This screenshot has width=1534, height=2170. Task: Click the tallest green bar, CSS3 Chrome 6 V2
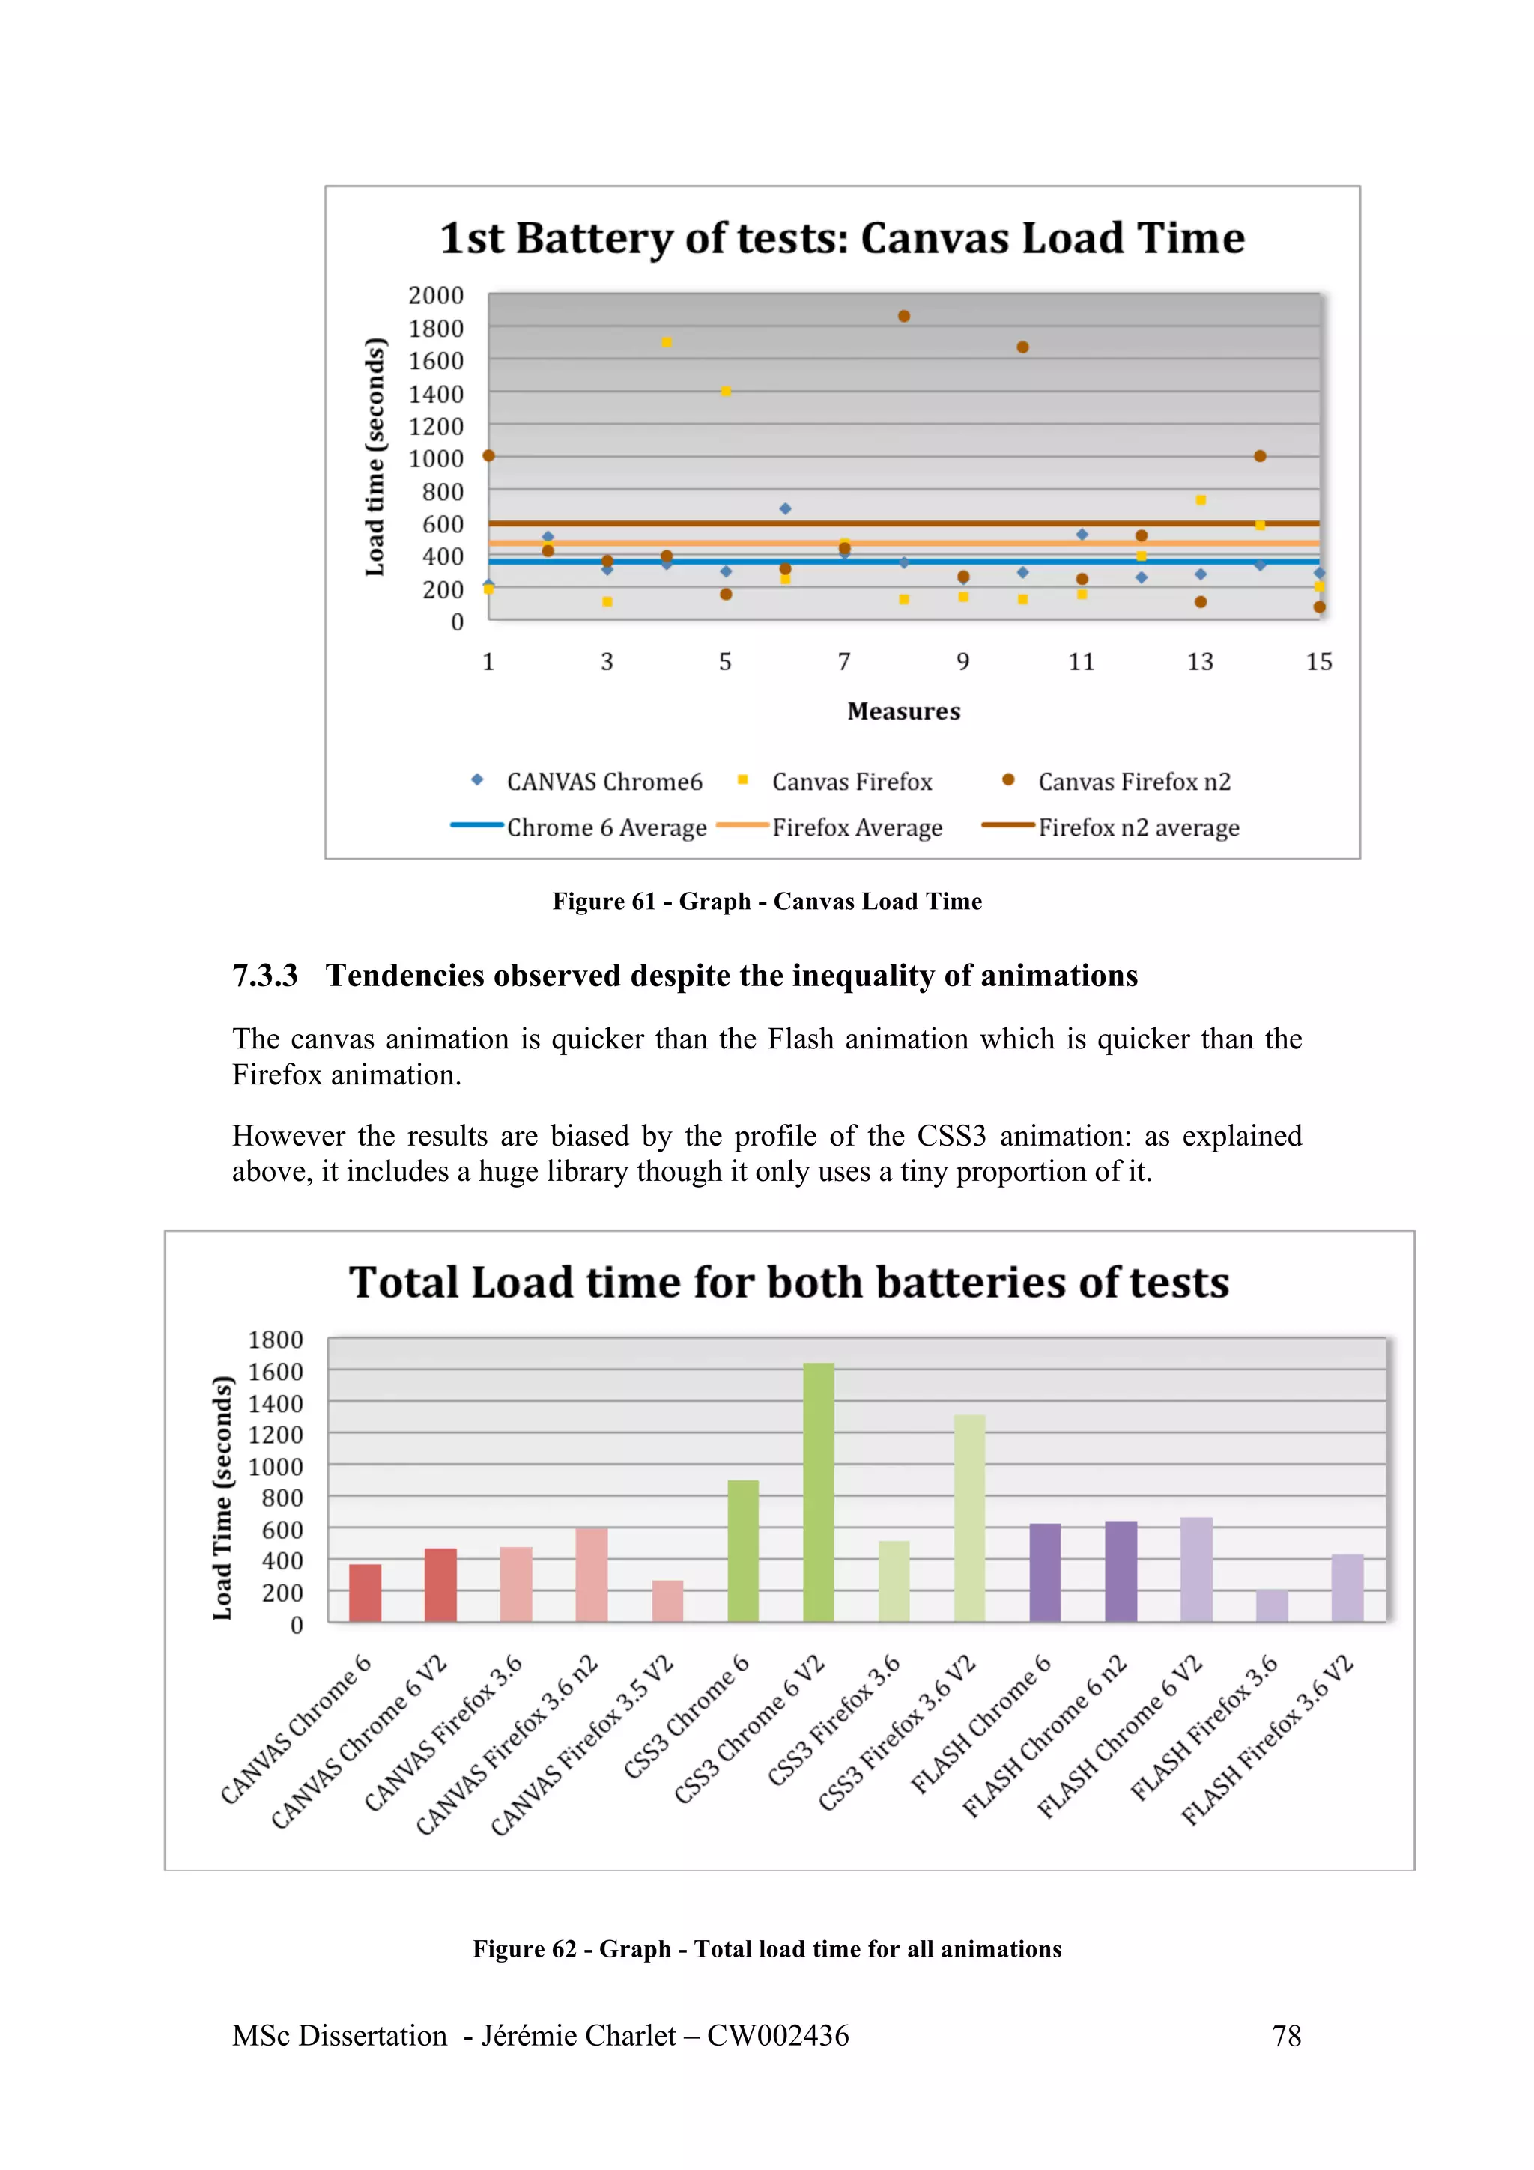819,1492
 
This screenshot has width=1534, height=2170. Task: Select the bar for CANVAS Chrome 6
365,1593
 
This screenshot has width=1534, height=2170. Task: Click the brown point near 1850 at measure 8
903,317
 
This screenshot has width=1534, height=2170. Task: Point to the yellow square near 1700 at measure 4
667,342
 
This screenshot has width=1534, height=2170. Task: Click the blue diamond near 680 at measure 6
784,508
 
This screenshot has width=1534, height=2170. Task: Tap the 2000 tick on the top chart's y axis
436,296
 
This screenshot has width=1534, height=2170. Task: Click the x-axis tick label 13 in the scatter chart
1199,662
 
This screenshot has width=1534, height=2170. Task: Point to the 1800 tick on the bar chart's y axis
275,1340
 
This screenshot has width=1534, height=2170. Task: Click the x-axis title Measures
903,711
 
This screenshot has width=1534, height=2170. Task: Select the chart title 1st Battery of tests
841,238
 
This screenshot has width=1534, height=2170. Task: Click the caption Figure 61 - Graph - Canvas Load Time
766,902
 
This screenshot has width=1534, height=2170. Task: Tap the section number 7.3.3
264,976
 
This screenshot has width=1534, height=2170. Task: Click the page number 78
1285,2035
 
